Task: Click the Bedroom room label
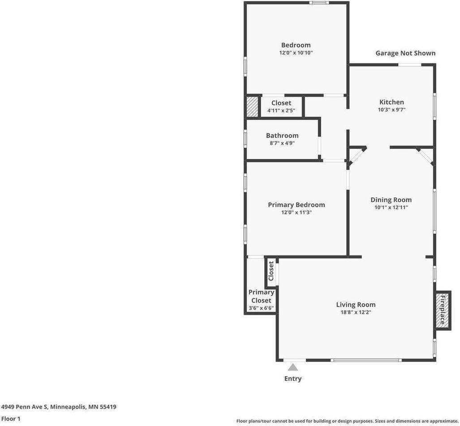[x=296, y=45]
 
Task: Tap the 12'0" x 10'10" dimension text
[x=296, y=53]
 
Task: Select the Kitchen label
[x=391, y=102]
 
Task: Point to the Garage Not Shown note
[x=405, y=53]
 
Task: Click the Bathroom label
[x=282, y=136]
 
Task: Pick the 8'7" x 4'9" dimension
[x=282, y=143]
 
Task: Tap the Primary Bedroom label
[x=297, y=204]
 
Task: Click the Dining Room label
[x=391, y=200]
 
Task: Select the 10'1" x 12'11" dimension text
[x=391, y=207]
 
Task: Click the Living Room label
[x=356, y=305]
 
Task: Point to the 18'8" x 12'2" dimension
[x=356, y=312]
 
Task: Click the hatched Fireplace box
[x=443, y=310]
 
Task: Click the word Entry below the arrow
[x=293, y=379]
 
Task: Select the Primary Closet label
[x=261, y=296]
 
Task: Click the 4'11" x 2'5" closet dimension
[x=281, y=111]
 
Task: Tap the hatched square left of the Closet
[x=252, y=107]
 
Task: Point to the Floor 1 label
[x=11, y=419]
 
